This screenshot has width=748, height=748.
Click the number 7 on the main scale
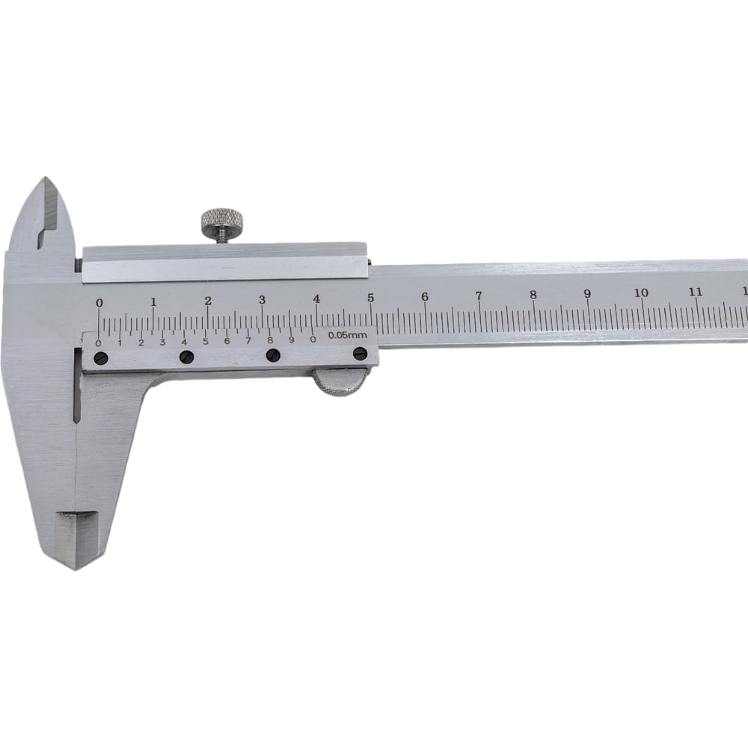click(x=479, y=295)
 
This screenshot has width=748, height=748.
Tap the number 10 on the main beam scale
click(x=642, y=292)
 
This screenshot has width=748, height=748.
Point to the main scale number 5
click(x=371, y=298)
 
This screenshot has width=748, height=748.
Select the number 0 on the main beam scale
click(x=99, y=303)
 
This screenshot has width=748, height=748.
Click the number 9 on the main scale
click(x=588, y=293)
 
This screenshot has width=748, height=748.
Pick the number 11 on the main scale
click(x=696, y=292)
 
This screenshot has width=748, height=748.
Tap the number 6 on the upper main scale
click(x=425, y=297)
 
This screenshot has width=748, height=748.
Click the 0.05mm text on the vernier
click(x=348, y=335)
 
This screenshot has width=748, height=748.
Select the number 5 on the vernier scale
click(x=206, y=342)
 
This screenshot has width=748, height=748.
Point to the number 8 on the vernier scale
click(x=270, y=340)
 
